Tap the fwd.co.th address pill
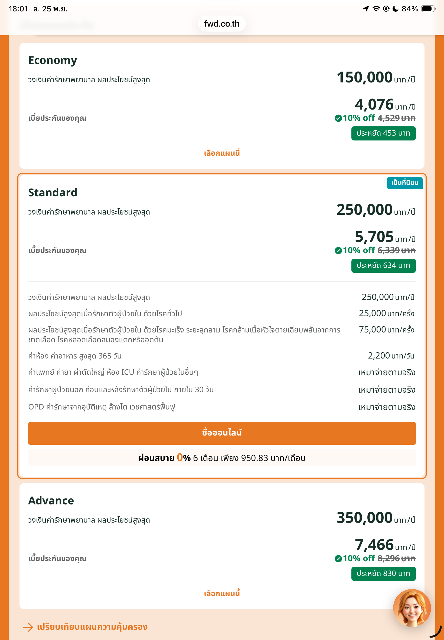[x=222, y=24]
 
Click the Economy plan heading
[x=53, y=60]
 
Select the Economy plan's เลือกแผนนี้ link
[x=222, y=153]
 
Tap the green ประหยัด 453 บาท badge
[x=383, y=133]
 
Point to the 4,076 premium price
[x=374, y=104]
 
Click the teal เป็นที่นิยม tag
[x=404, y=183]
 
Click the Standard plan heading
[x=53, y=193]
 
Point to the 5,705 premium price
[x=374, y=237]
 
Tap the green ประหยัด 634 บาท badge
[x=383, y=265]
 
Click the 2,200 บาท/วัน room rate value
[x=391, y=356]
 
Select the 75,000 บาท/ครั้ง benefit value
[x=386, y=330]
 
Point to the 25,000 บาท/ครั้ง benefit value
[x=386, y=313]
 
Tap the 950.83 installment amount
[x=254, y=458]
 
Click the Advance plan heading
[x=51, y=501]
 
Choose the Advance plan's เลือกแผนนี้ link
[x=222, y=593]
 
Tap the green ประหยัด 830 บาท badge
[x=383, y=574]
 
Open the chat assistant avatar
[x=412, y=608]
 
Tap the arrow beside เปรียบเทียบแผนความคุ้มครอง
[x=28, y=627]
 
